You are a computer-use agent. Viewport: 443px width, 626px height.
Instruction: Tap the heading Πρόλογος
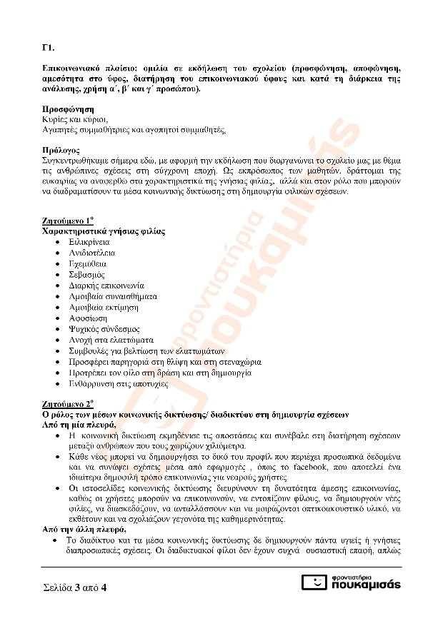pos(63,151)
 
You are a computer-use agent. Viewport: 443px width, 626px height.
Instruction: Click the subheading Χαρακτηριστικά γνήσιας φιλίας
pos(104,231)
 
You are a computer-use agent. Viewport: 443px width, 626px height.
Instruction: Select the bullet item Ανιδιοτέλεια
pos(92,253)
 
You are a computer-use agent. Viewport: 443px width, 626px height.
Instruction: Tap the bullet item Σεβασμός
pos(87,274)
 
